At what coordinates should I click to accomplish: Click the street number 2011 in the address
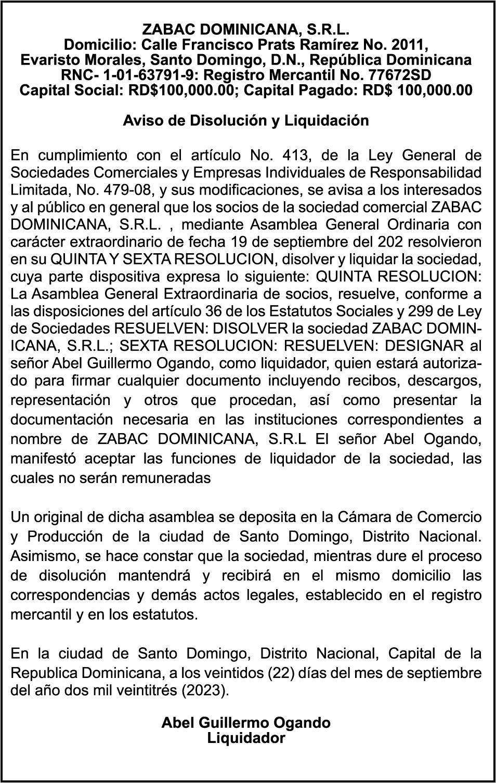413,43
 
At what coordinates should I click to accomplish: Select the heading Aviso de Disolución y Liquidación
246,121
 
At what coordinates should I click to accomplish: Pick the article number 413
295,155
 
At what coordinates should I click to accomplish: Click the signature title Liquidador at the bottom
246,738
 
